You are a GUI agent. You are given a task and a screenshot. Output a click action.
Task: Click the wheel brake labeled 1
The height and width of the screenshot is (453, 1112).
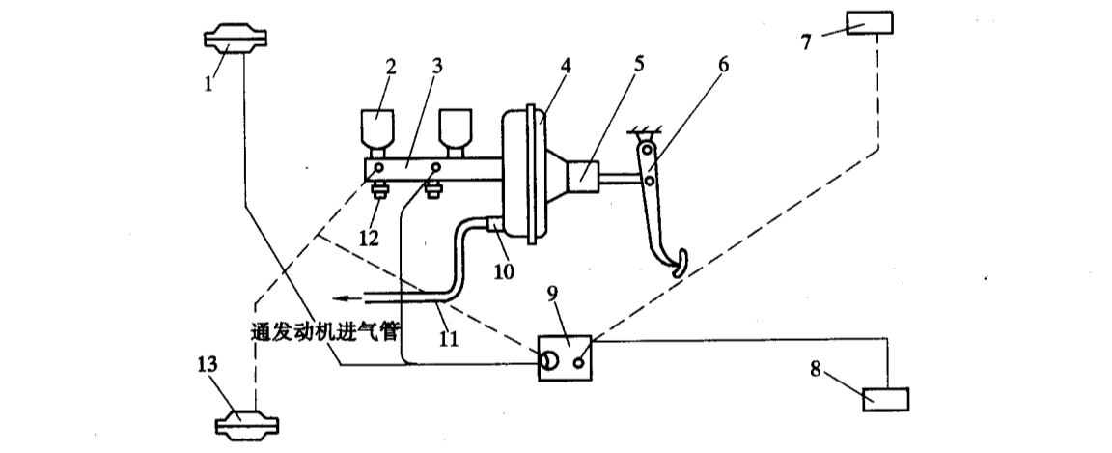click(236, 40)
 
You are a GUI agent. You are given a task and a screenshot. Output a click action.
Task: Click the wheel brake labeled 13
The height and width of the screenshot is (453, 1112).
click(247, 425)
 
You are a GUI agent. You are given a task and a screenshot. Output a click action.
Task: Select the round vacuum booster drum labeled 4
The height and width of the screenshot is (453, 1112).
click(524, 174)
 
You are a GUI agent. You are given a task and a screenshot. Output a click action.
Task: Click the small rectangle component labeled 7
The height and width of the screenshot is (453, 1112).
click(870, 21)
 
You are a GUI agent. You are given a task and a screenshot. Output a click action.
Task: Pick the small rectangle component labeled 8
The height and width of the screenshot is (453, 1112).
click(884, 397)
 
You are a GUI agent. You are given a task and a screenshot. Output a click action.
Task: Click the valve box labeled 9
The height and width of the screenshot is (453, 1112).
click(565, 356)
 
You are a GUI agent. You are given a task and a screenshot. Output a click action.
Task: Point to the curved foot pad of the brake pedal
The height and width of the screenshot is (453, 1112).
click(678, 264)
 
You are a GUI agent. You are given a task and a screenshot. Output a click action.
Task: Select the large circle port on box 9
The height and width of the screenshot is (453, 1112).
click(548, 362)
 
